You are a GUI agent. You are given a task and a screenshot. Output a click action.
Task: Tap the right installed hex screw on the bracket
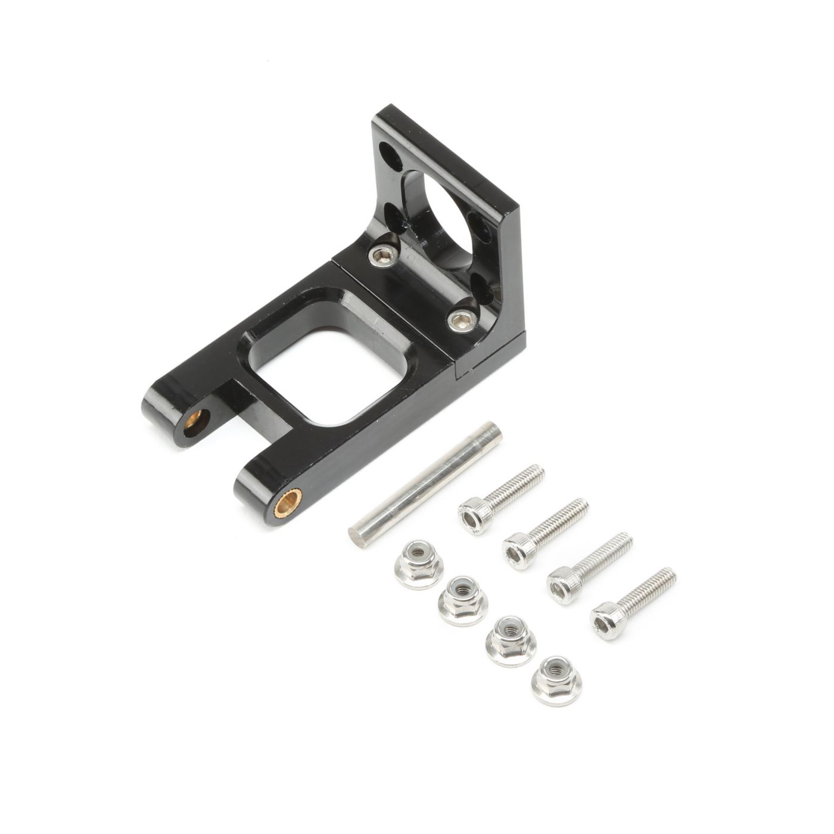[459, 321]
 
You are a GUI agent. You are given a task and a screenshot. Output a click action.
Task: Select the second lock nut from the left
[463, 600]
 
